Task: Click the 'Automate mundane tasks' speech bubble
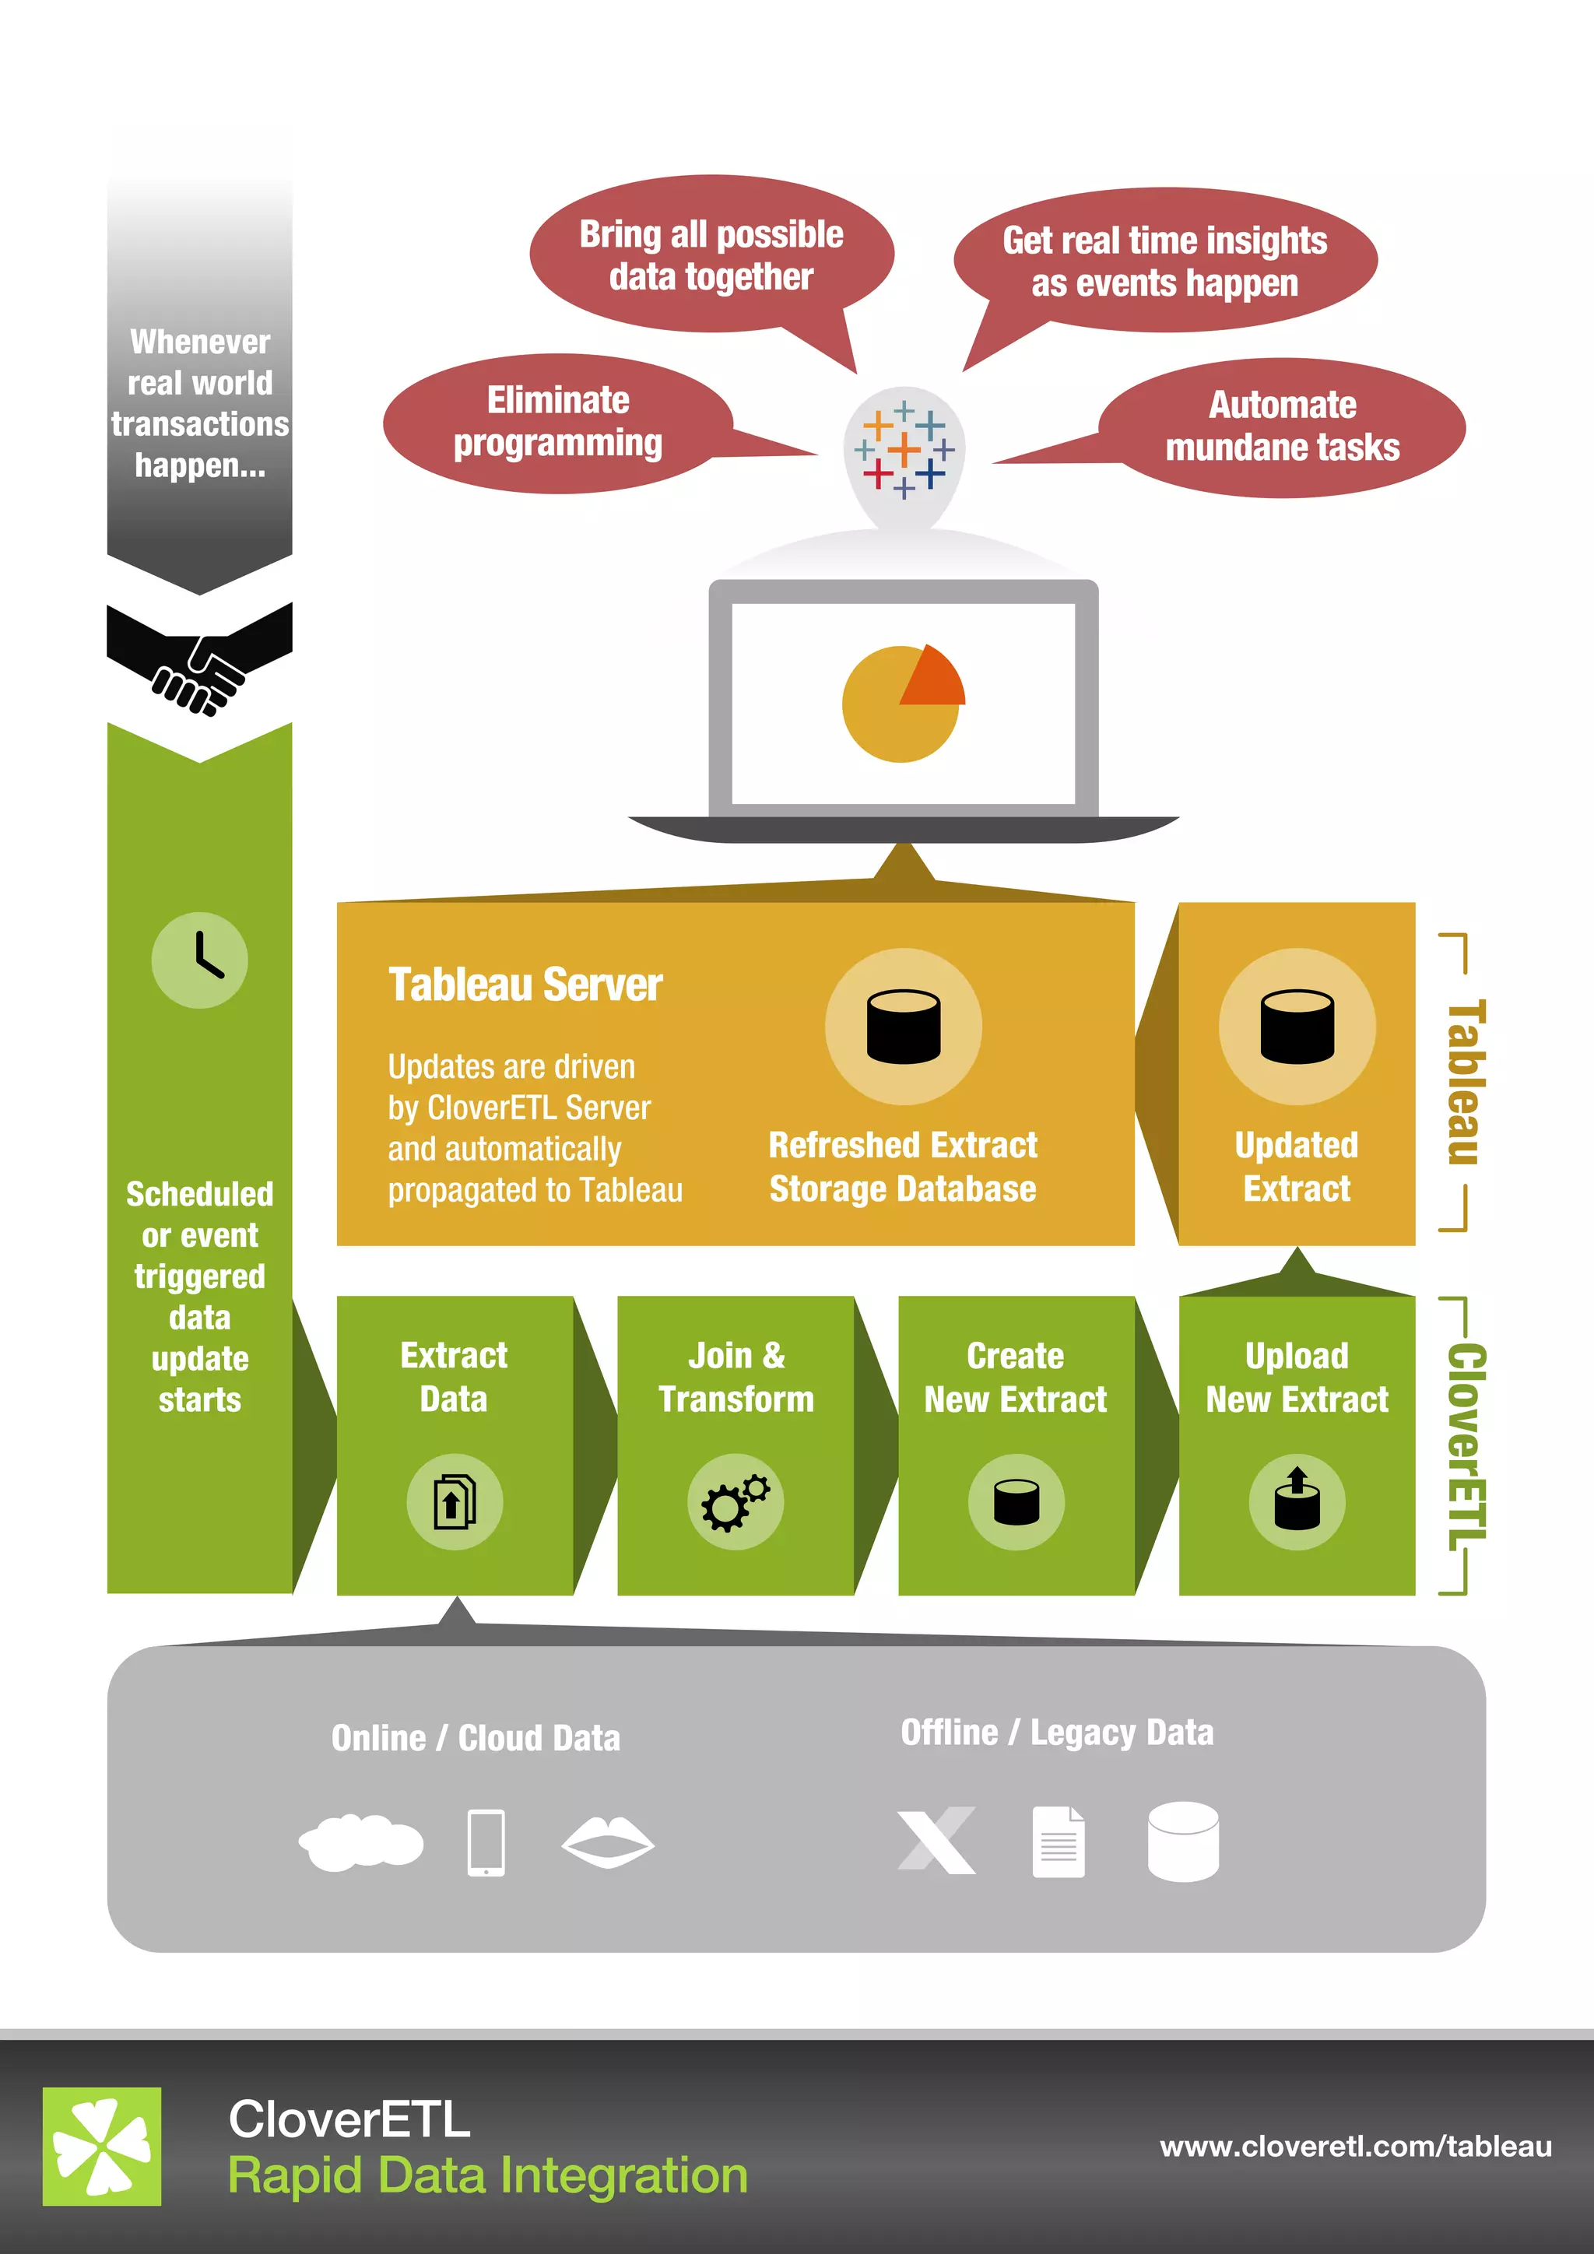[1282, 427]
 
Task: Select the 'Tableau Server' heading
[525, 985]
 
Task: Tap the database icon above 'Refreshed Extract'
[903, 1026]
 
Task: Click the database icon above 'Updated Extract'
[1297, 1026]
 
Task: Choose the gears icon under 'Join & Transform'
[736, 1501]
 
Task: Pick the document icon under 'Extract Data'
[455, 1501]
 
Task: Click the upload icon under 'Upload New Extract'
[1297, 1501]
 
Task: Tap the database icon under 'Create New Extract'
[1016, 1501]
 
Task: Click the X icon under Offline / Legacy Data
[936, 1840]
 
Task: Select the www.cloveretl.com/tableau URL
[1356, 2147]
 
